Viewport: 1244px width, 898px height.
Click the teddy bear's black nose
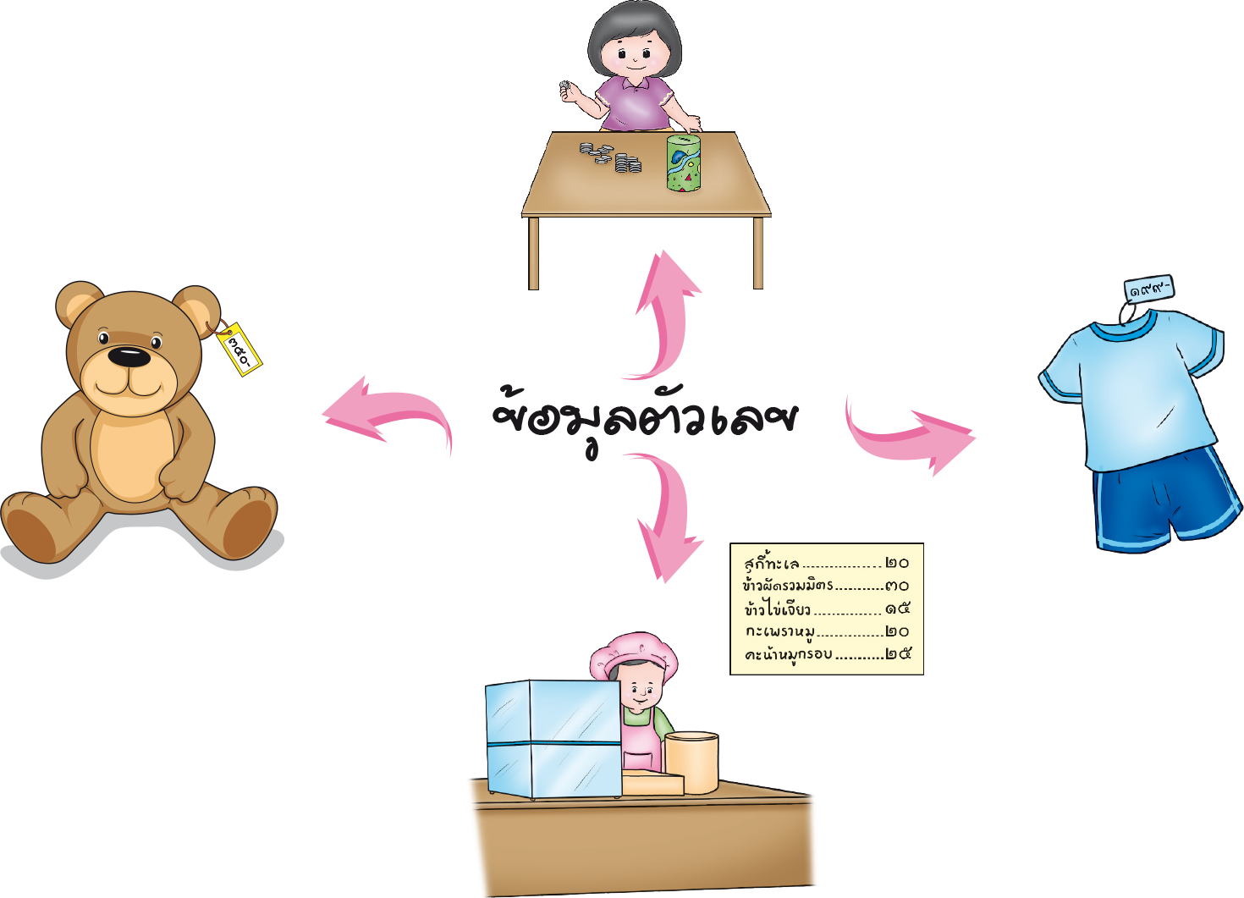(129, 357)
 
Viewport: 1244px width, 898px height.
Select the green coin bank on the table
(684, 162)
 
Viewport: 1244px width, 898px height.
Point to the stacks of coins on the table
(611, 157)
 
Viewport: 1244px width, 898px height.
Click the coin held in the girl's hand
(564, 85)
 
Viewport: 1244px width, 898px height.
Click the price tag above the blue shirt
(1149, 290)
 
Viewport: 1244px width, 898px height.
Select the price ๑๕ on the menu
(897, 609)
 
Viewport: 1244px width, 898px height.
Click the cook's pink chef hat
(632, 652)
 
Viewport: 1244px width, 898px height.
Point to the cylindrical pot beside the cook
(691, 761)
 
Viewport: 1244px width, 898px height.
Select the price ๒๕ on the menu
(897, 654)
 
